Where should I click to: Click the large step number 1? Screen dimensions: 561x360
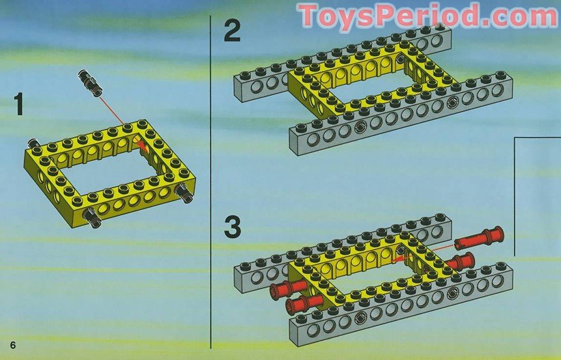pyautogui.click(x=19, y=104)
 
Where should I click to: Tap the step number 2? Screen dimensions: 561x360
pyautogui.click(x=232, y=31)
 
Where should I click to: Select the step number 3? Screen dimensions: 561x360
pyautogui.click(x=233, y=227)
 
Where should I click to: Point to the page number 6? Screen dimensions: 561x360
pyautogui.click(x=13, y=345)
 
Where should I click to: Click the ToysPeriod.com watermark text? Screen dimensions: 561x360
pyautogui.click(x=428, y=16)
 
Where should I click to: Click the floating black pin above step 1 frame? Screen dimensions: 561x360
pyautogui.click(x=90, y=83)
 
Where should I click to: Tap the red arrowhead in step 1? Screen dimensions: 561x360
pyautogui.click(x=143, y=146)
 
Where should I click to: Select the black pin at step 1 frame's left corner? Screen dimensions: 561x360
pyautogui.click(x=35, y=144)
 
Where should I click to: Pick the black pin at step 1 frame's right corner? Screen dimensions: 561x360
pyautogui.click(x=184, y=193)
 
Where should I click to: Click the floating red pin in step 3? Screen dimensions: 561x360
pyautogui.click(x=480, y=238)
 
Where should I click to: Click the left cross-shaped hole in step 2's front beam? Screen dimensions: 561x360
pyautogui.click(x=360, y=127)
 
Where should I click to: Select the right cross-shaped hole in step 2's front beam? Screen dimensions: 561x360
pyautogui.click(x=452, y=104)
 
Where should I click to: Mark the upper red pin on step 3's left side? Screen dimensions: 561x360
pyautogui.click(x=288, y=288)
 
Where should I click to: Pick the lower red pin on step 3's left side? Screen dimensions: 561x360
pyautogui.click(x=303, y=304)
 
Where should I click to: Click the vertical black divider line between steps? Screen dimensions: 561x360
pyautogui.click(x=210, y=182)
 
